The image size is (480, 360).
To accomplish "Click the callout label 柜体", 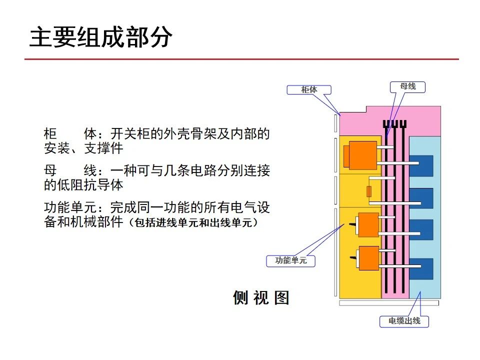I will (309, 90).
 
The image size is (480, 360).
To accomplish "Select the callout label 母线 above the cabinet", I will (407, 86).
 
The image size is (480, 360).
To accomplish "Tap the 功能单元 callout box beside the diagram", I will (291, 260).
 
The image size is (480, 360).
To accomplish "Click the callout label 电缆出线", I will (404, 321).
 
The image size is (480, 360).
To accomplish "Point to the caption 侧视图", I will (261, 298).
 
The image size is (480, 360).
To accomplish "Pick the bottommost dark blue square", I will (420, 269).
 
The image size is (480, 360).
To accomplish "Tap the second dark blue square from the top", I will (420, 198).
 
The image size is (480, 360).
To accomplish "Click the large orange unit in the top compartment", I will (362, 155).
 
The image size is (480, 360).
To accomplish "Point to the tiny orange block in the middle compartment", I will (369, 191).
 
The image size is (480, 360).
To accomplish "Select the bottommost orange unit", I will (367, 258).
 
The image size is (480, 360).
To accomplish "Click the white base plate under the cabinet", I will (389, 303).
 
